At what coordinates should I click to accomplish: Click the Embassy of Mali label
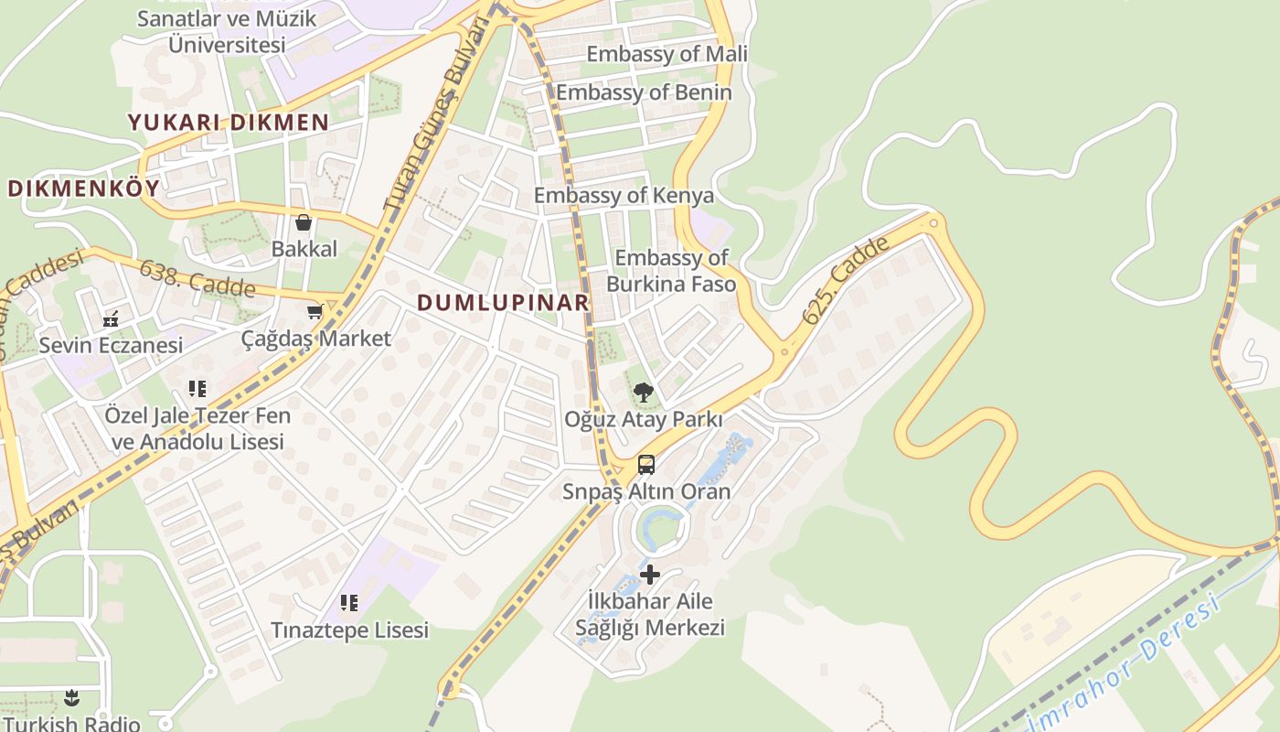coord(667,54)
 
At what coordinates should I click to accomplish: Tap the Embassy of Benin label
coord(644,92)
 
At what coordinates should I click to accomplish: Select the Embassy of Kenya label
coord(624,196)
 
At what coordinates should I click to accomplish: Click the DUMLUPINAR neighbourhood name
coord(503,303)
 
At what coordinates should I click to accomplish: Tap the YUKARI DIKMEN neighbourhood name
coord(229,123)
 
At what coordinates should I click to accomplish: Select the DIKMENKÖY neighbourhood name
coord(83,189)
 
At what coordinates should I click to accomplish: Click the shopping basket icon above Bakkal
coord(304,222)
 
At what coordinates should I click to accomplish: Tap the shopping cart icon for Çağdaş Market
coord(315,312)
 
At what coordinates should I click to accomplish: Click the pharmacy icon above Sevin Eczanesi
coord(111,319)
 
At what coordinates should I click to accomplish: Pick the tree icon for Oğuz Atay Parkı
coord(644,393)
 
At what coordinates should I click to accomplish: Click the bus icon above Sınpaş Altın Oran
coord(646,465)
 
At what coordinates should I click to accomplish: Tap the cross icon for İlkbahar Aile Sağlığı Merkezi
coord(650,575)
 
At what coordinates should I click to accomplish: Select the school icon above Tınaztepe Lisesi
coord(349,603)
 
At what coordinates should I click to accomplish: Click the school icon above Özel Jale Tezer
coord(197,389)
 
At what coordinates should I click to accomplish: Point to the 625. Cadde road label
coord(846,280)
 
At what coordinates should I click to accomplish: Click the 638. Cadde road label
coord(197,278)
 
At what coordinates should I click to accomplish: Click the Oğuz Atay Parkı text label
coord(644,420)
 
